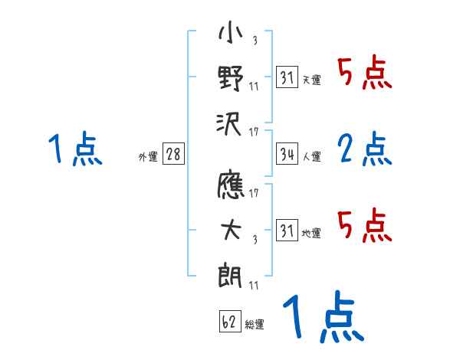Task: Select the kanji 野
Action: point(231,78)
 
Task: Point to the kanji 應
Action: point(231,187)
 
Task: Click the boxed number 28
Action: point(172,155)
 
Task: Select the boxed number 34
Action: point(287,155)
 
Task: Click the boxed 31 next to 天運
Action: point(287,78)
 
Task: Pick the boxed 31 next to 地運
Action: point(287,231)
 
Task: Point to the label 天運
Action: point(311,80)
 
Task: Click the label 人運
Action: point(311,156)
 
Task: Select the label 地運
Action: point(311,232)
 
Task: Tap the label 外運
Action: point(147,156)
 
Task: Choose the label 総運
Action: point(255,324)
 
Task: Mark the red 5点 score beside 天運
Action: point(365,74)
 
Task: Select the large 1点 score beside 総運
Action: point(322,319)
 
